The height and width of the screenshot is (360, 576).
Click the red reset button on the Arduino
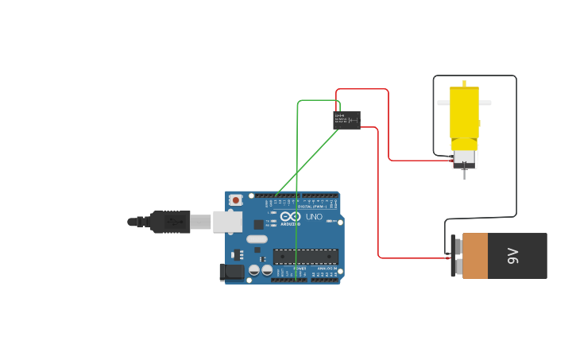235,200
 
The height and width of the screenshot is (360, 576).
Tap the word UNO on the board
314,217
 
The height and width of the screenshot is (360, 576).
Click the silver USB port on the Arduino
227,221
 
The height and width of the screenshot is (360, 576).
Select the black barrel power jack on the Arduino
232,272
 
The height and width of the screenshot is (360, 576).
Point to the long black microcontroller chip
306,257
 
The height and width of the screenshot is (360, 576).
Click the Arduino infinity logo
290,217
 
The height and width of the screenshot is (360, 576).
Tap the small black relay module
346,120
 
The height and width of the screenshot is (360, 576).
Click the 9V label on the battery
513,256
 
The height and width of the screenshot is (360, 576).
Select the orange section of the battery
475,256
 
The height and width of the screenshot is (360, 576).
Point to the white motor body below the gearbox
464,158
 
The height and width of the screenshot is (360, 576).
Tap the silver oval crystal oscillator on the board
257,238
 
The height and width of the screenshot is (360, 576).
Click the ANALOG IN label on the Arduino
326,269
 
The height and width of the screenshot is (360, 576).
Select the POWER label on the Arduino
300,269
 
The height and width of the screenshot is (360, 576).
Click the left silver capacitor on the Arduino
254,270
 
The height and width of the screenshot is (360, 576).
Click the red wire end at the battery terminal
446,257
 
